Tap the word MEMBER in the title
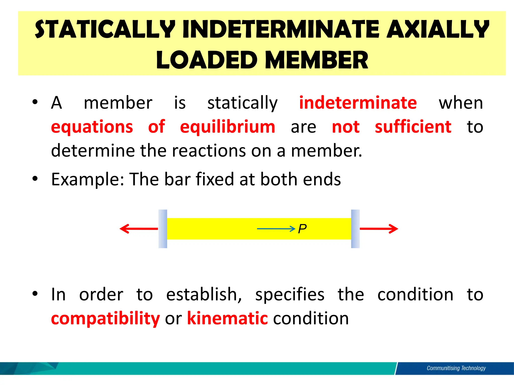[x=317, y=60]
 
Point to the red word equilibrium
[x=228, y=127]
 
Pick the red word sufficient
[x=413, y=127]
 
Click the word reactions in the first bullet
[x=209, y=151]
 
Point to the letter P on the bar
[x=302, y=229]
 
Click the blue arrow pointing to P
[x=276, y=229]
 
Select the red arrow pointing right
[x=379, y=229]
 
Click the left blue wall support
[x=163, y=229]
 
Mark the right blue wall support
[x=355, y=229]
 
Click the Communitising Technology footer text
[x=456, y=368]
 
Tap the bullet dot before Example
[x=35, y=179]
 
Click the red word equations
[x=92, y=127]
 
